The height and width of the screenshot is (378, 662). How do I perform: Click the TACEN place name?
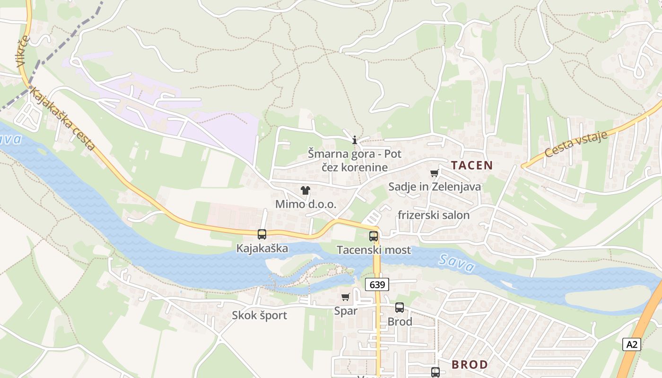(x=471, y=165)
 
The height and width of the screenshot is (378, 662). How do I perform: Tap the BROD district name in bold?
(x=470, y=365)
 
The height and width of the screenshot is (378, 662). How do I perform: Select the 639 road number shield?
(x=377, y=284)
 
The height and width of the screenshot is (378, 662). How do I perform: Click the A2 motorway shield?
(x=632, y=344)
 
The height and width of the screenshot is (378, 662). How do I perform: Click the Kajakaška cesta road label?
(x=63, y=119)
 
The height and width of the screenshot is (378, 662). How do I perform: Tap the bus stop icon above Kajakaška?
(x=262, y=234)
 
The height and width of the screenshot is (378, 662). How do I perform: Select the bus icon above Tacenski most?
(x=374, y=236)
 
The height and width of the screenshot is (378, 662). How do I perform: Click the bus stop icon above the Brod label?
(x=400, y=308)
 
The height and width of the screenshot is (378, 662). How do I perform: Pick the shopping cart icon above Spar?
(x=346, y=297)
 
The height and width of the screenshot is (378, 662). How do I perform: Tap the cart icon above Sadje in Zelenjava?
(x=435, y=173)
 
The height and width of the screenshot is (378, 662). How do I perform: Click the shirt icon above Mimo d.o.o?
(x=305, y=190)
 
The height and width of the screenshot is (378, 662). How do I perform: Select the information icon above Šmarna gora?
(x=355, y=140)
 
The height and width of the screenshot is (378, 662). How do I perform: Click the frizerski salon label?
(x=434, y=215)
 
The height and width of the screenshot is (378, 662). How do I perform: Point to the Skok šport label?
(x=259, y=316)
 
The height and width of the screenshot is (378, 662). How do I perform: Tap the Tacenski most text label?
(x=374, y=250)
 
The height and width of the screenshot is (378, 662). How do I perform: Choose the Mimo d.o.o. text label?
(x=305, y=205)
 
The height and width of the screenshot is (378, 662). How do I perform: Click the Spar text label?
(x=346, y=311)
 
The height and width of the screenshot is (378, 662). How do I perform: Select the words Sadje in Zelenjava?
(x=435, y=187)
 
